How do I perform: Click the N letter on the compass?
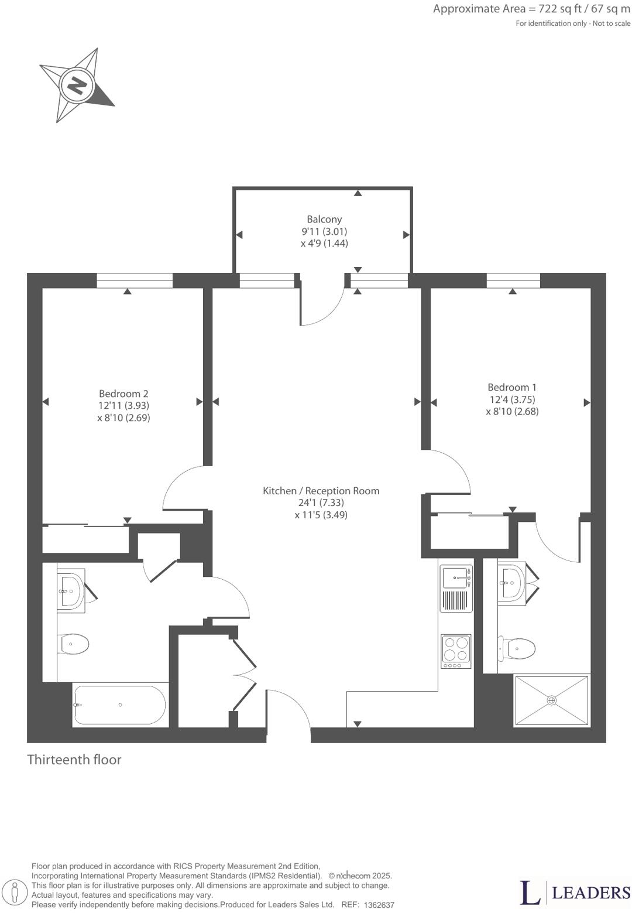tap(77, 86)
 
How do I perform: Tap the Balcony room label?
tap(324, 219)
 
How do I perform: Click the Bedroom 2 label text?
tap(123, 394)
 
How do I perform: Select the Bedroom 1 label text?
tap(512, 387)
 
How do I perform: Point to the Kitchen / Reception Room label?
tap(321, 491)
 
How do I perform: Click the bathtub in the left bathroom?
tap(120, 705)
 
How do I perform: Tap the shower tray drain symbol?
tap(552, 700)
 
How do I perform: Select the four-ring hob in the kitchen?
tap(456, 652)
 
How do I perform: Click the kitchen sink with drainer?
tap(456, 589)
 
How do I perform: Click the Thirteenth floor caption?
tap(74, 760)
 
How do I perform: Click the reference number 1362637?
tap(379, 905)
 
